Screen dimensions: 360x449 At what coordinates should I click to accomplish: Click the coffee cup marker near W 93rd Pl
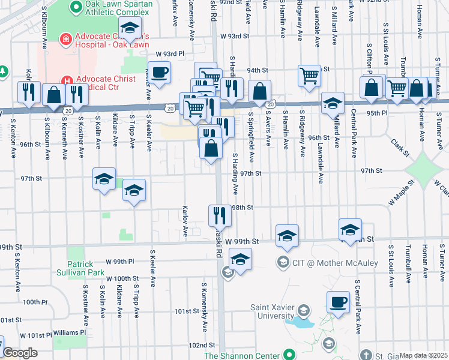click(159, 73)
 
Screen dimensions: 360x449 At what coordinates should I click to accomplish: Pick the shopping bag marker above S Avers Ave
click(260, 92)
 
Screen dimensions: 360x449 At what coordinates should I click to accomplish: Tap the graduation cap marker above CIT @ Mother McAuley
click(288, 235)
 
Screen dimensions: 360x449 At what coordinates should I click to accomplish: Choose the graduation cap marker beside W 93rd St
click(129, 28)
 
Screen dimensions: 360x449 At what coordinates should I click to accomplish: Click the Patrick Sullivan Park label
click(72, 268)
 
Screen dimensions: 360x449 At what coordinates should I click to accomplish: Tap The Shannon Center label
click(243, 355)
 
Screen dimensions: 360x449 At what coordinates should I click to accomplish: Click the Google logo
click(20, 353)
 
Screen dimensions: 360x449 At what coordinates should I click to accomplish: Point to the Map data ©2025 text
click(423, 355)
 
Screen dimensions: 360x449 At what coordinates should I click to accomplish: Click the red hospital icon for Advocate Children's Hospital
click(64, 40)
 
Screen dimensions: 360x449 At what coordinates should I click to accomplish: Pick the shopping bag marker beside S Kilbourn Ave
click(53, 95)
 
